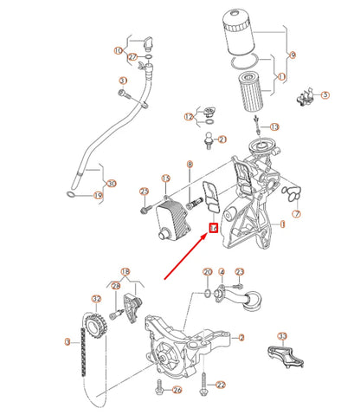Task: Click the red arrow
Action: click(186, 256)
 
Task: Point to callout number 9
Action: click(292, 55)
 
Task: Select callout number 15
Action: click(166, 178)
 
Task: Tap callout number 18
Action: click(127, 272)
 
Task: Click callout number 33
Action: click(281, 335)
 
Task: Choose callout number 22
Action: click(221, 385)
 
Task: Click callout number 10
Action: click(119, 51)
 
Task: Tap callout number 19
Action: click(98, 197)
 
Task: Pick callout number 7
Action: click(296, 213)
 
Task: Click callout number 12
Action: click(188, 116)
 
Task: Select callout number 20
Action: click(208, 273)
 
